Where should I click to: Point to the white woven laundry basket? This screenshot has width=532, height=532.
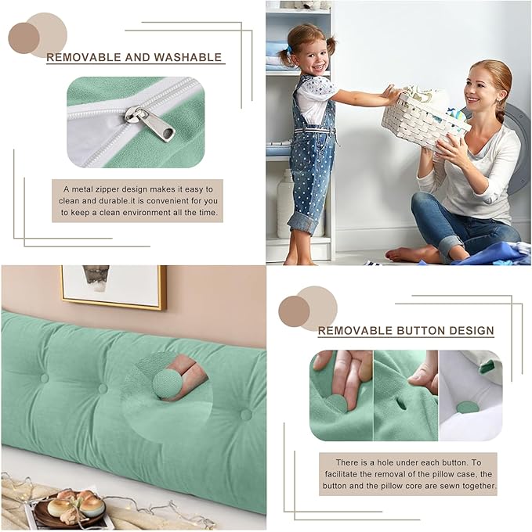(x=424, y=117)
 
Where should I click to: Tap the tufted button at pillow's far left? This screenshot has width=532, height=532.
(x=45, y=378)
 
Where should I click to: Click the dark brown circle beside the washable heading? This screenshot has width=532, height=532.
(x=24, y=38)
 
